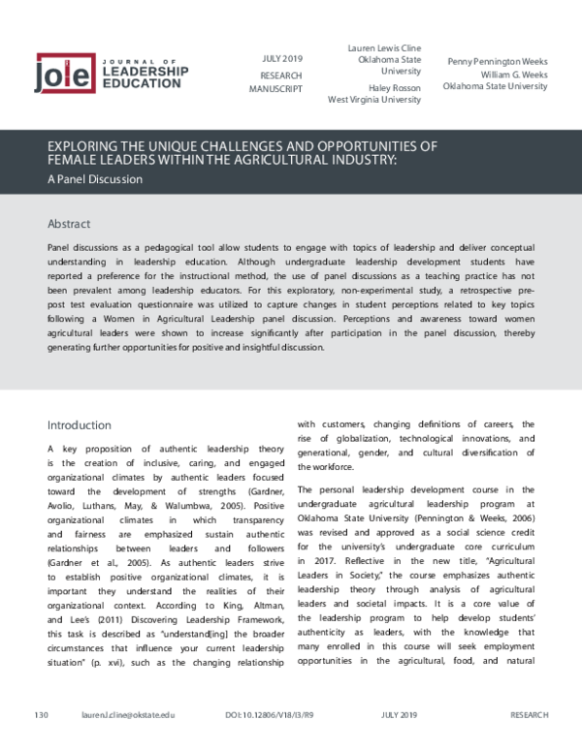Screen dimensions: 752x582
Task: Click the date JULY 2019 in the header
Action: [x=282, y=57]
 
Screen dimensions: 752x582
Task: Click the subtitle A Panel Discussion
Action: [x=94, y=179]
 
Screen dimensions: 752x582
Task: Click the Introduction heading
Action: [x=80, y=424]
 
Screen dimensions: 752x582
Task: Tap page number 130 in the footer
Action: [x=41, y=742]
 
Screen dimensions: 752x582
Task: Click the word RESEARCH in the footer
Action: [x=529, y=742]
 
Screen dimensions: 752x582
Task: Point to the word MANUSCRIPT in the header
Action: [x=277, y=88]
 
